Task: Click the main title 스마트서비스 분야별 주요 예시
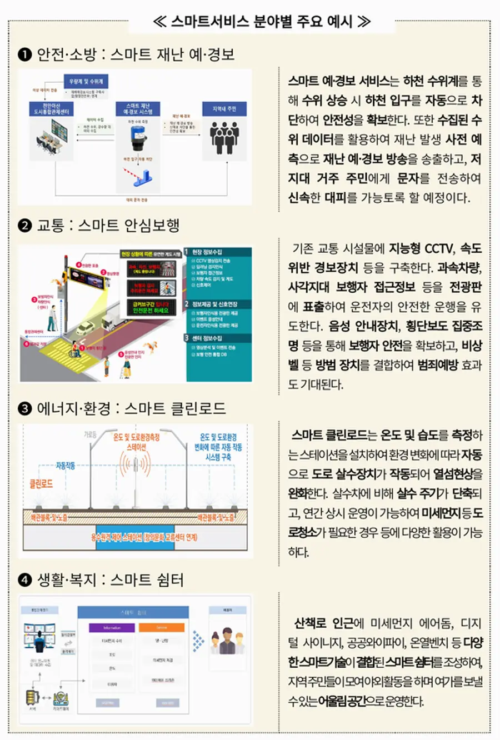[261, 22]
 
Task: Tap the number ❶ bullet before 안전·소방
[25, 54]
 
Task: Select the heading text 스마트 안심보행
[129, 225]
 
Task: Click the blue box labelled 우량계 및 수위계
[86, 81]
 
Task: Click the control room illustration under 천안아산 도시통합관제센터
[51, 134]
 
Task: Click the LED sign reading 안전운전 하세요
[151, 307]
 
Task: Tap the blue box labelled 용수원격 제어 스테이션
[143, 537]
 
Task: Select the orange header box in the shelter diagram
[161, 627]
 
